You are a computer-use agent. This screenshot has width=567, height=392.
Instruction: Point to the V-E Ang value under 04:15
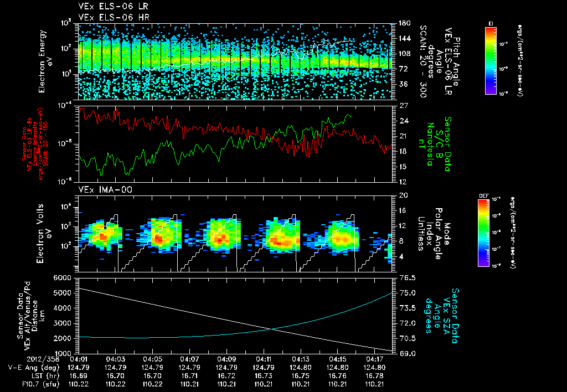pos(338,367)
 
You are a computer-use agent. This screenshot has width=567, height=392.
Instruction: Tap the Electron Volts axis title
pos(45,233)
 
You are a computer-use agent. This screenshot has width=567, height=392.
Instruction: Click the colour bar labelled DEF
pos(491,233)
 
